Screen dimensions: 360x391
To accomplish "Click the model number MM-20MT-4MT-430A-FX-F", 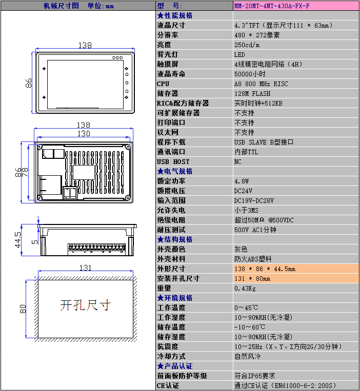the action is click(x=272, y=6).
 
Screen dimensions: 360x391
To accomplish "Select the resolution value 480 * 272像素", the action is click(x=257, y=35).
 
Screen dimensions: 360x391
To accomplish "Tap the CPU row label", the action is click(x=163, y=84).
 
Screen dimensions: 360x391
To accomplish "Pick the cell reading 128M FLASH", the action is click(x=252, y=93).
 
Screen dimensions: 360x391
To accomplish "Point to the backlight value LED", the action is click(x=239, y=55).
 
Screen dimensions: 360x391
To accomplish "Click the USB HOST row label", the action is click(x=173, y=162).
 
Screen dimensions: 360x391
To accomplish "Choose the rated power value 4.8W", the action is click(x=242, y=181).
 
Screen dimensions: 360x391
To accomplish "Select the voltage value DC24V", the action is click(x=243, y=191).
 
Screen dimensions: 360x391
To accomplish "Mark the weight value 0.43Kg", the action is click(x=245, y=289).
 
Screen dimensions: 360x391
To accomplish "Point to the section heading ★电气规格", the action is click(x=175, y=171).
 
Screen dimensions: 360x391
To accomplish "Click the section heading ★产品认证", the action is click(x=175, y=366).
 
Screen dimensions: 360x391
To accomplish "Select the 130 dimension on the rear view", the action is click(x=84, y=134).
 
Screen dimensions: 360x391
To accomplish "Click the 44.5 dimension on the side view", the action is click(x=18, y=240).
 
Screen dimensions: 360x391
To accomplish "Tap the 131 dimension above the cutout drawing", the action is click(x=85, y=268).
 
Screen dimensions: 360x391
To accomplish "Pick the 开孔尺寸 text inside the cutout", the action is click(x=85, y=305).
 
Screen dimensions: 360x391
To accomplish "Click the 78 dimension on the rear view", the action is click(x=25, y=172).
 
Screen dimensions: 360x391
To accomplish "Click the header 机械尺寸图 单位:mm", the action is click(x=78, y=6).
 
